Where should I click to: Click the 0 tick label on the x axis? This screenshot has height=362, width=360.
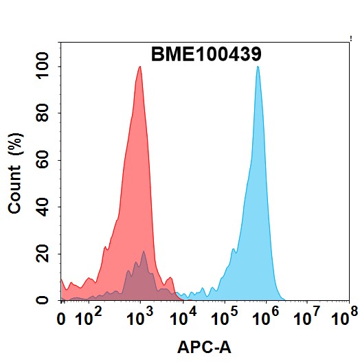click(x=63, y=319)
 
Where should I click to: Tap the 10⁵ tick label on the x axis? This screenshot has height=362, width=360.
click(x=223, y=317)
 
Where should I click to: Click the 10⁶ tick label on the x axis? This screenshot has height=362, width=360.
click(x=265, y=317)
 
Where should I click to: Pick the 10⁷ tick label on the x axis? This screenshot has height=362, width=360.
click(x=307, y=317)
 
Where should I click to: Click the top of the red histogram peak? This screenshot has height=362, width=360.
click(x=139, y=67)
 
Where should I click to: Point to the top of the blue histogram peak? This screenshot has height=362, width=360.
click(x=258, y=67)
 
